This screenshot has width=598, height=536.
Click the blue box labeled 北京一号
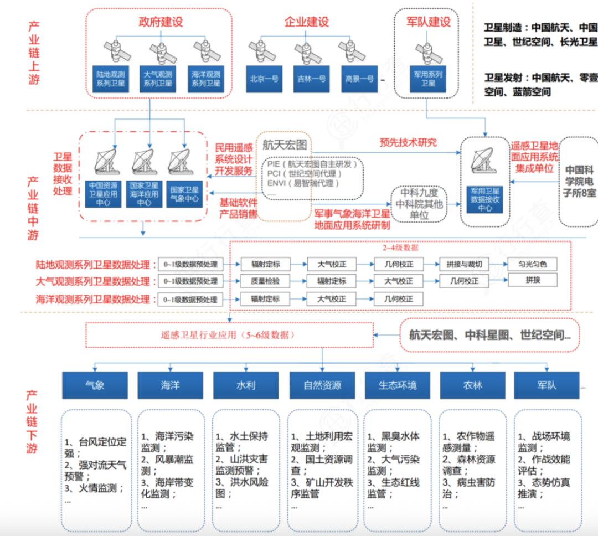tap(263, 79)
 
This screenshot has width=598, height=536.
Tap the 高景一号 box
tap(359, 79)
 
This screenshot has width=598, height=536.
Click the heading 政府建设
tap(161, 22)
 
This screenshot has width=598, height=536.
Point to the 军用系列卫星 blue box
tap(428, 79)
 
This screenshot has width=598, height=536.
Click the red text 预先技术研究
tap(408, 142)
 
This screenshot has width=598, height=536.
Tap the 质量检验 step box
tap(265, 281)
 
